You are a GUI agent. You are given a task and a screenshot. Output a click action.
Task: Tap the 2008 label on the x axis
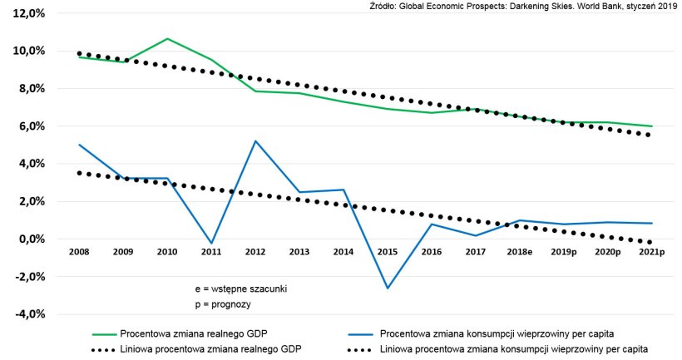point(80,250)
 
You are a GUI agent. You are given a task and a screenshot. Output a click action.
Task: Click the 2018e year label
point(521,250)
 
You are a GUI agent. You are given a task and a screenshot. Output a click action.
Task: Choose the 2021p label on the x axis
point(651,250)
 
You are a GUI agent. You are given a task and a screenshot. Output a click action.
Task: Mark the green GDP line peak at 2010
point(167,39)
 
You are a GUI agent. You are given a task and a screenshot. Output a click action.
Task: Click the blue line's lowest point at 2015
point(386,288)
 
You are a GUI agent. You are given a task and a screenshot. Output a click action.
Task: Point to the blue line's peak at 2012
point(255,141)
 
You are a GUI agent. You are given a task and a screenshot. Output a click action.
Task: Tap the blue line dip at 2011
point(211,244)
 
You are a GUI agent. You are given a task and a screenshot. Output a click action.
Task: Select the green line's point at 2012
point(255,91)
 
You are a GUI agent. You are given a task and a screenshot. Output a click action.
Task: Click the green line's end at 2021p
point(651,126)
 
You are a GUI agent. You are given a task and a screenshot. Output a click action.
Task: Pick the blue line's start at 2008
point(80,145)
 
